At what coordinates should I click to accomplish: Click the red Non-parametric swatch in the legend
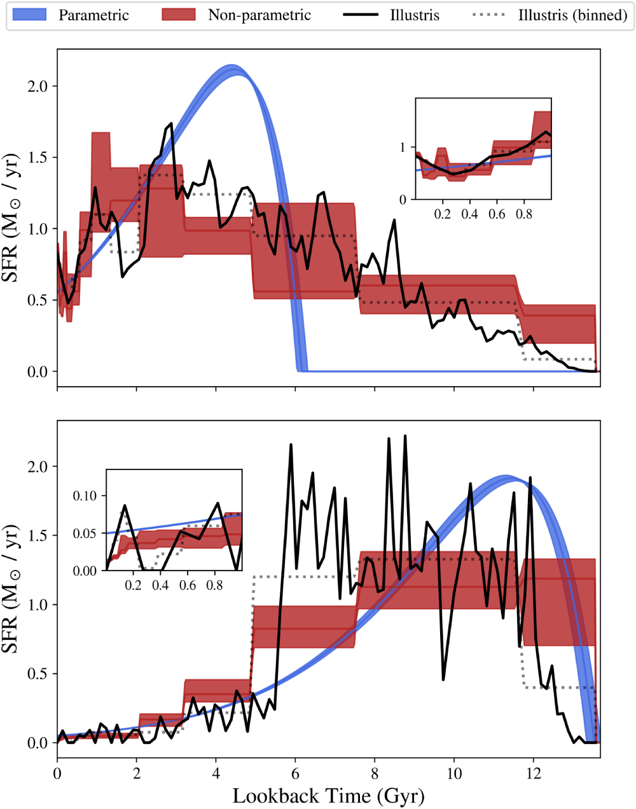tap(179, 15)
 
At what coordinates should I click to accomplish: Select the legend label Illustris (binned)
tap(572, 15)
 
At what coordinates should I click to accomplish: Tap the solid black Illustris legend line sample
tap(361, 15)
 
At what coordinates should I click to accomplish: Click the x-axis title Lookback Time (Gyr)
tap(328, 796)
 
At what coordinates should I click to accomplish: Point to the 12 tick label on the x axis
tap(533, 773)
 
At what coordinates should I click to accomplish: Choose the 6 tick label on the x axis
tap(295, 773)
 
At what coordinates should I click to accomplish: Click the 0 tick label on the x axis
tap(57, 773)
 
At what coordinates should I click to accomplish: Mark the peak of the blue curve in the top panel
tap(233, 69)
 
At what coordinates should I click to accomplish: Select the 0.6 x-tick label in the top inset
tap(497, 214)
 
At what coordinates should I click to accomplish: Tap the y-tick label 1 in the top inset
tap(403, 148)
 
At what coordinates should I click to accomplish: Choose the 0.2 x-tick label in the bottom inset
tap(133, 585)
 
